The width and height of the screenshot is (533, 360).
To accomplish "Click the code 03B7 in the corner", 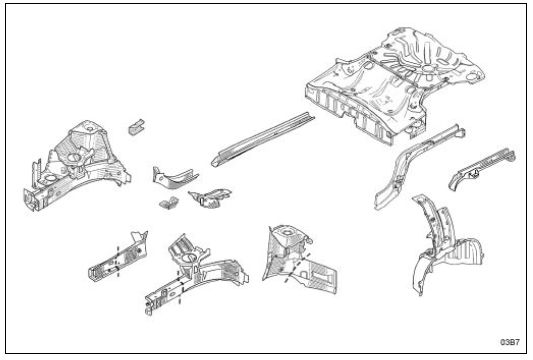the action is pos(510,342).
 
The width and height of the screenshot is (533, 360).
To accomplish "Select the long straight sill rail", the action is pos(263,139).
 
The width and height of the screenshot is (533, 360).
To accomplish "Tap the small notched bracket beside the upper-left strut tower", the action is pos(136,126).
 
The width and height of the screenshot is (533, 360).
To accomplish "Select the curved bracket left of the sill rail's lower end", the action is pos(174,177).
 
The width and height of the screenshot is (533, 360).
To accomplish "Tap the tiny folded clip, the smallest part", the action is pos(169,202).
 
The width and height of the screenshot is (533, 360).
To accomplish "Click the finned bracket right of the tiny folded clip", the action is pos(210,198).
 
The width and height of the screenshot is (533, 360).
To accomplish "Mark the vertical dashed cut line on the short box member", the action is pos(118,261).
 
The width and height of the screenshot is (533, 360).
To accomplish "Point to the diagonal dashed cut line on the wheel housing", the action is pos(297,267).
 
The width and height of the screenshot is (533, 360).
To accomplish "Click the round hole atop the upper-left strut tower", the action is pos(91,128).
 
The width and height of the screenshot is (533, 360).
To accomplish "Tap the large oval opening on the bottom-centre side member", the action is pos(188,259).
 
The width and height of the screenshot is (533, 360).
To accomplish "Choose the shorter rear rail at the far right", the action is pos(481,167).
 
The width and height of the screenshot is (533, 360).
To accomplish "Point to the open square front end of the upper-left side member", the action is pos(29,200).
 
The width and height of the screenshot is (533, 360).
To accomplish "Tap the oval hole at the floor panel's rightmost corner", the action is pos(472,77).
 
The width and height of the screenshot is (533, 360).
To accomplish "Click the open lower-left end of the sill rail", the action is pos(215,162).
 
